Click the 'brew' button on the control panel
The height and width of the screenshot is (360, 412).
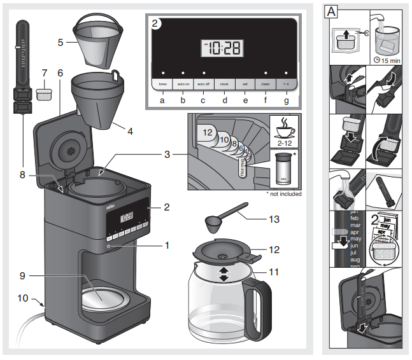tap(162, 83)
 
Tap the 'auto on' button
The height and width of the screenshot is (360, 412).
tap(183, 83)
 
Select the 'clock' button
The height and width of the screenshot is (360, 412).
tap(224, 83)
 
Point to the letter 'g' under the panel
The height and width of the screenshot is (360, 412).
tap(286, 100)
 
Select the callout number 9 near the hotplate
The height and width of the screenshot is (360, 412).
tap(22, 275)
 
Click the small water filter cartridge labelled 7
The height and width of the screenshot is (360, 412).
tap(43, 95)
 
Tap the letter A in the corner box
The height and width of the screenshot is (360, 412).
tap(331, 11)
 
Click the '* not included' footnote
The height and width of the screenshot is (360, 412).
tap(284, 193)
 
